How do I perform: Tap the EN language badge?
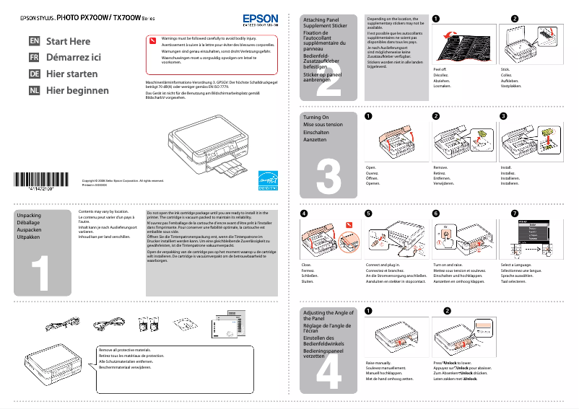[x=34, y=42]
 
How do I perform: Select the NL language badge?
[x=34, y=91]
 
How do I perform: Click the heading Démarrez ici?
[x=74, y=58]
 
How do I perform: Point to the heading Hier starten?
[x=72, y=74]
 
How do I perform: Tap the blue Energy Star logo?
[x=268, y=180]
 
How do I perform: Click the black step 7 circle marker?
[x=514, y=214]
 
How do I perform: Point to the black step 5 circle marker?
[x=368, y=214]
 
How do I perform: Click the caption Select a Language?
[x=517, y=265]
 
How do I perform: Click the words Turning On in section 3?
[x=316, y=117]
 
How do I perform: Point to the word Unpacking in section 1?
[x=29, y=216]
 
